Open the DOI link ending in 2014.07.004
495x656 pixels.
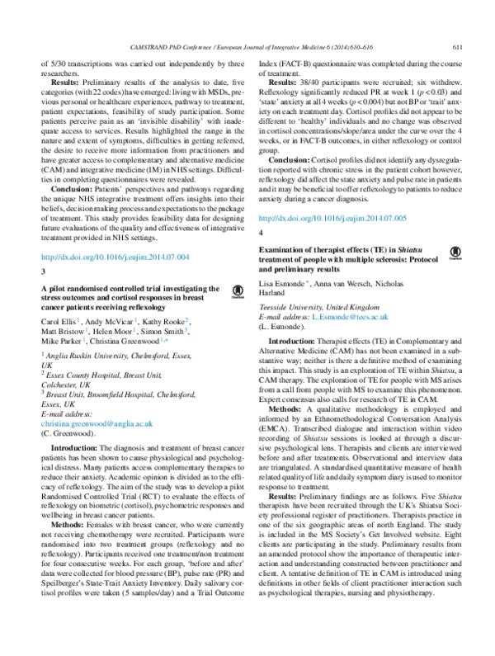tap(115, 257)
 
